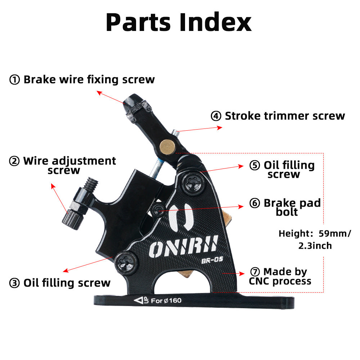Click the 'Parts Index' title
[x=179, y=22]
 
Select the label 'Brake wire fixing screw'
[x=89, y=80]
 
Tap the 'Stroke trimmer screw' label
[x=284, y=116]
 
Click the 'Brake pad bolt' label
[x=292, y=207]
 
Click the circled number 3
[x=14, y=283]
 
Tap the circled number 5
[x=255, y=166]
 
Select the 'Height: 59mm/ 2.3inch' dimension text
[x=314, y=239]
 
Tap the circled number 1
[x=14, y=80]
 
